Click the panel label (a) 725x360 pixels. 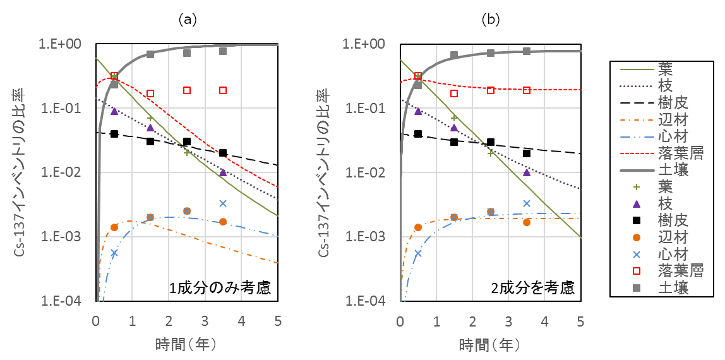click(x=187, y=20)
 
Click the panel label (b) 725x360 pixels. click(x=491, y=20)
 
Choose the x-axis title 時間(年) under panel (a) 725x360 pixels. click(x=187, y=345)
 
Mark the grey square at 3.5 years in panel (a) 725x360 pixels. click(x=223, y=51)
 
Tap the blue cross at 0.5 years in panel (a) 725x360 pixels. click(x=114, y=253)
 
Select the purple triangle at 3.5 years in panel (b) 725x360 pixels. click(x=527, y=172)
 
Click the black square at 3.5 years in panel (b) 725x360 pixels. click(x=527, y=153)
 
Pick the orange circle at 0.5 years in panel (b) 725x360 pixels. click(x=418, y=227)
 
